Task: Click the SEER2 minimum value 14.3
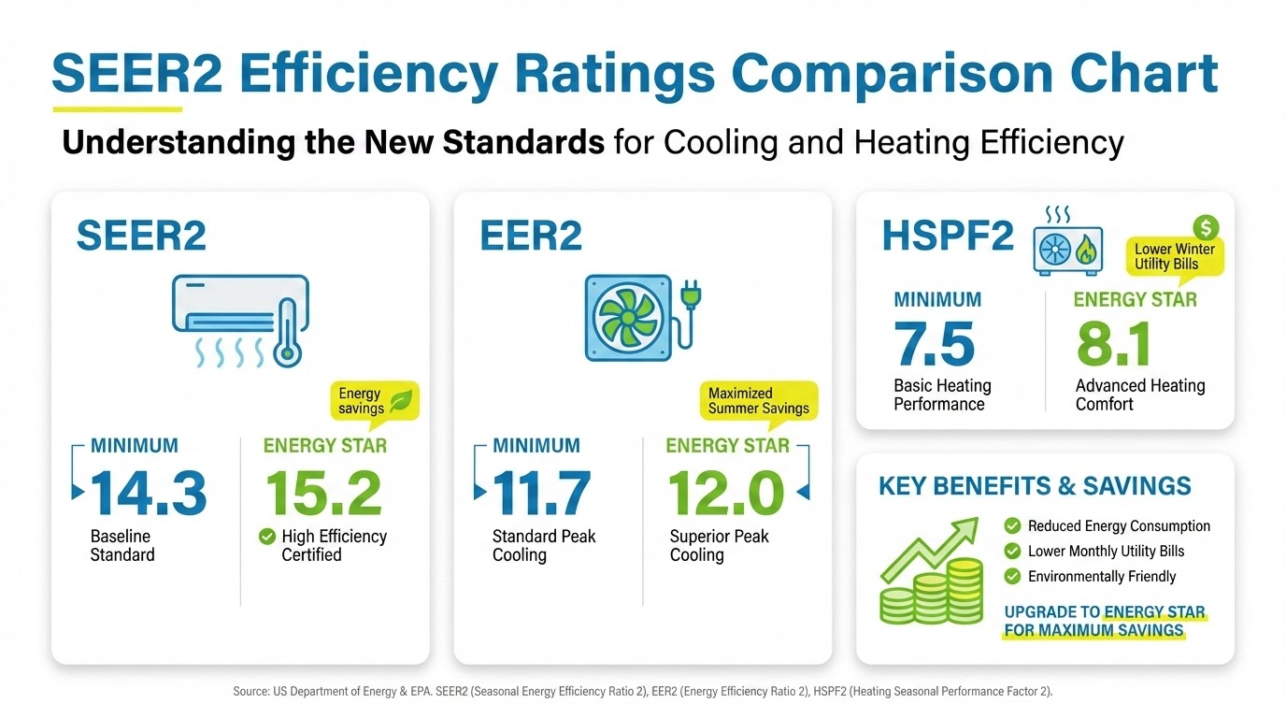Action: click(x=148, y=493)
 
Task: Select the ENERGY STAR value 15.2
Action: click(x=323, y=493)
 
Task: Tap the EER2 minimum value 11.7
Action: click(x=542, y=493)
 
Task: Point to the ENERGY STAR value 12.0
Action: click(x=726, y=493)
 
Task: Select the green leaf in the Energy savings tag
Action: click(x=402, y=400)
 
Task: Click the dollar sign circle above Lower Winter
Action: click(x=1207, y=227)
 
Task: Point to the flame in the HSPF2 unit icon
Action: click(x=1086, y=251)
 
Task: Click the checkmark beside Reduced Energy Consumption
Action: click(x=1012, y=526)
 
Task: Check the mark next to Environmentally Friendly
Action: click(x=1012, y=577)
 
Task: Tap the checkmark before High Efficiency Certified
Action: click(x=267, y=537)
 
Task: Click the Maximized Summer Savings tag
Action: click(x=758, y=401)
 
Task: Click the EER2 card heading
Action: click(x=531, y=237)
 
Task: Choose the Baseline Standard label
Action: click(x=122, y=545)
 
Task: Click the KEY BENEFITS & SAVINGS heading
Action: click(x=1035, y=486)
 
